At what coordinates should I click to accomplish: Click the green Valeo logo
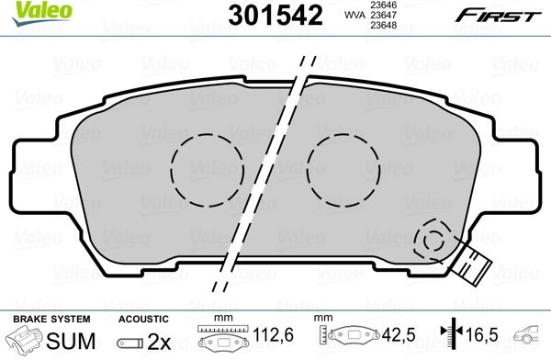[x=42, y=14]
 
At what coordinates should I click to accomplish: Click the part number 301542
[x=275, y=16]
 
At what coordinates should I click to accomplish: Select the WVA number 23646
[x=384, y=5]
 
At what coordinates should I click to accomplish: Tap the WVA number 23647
[x=384, y=15]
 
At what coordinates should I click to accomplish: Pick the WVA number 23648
[x=384, y=26]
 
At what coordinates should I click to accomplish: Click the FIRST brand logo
[x=498, y=16]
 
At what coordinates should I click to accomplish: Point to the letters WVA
[x=354, y=15]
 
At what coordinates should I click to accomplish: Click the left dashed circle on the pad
[x=208, y=170]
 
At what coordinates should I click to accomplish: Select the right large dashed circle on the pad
[x=343, y=170]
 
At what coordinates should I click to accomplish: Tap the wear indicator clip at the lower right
[x=471, y=264]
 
